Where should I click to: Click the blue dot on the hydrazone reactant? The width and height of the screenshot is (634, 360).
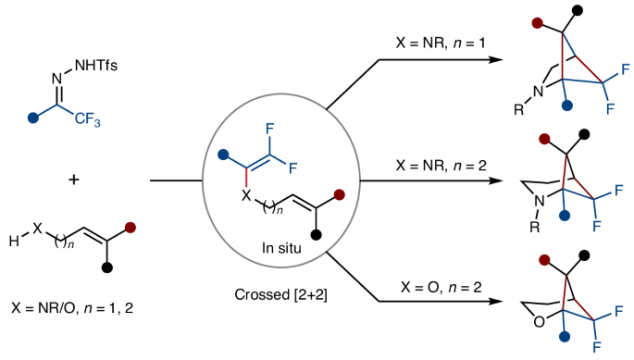34,118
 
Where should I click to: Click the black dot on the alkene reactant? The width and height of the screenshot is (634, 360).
108,267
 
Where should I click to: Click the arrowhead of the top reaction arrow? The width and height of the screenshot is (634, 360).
501,61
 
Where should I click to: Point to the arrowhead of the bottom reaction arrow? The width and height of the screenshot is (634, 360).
501,301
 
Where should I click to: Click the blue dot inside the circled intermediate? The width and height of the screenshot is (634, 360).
222,154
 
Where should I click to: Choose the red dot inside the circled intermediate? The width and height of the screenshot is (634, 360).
339,194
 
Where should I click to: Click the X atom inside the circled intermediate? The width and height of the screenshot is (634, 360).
245,195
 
